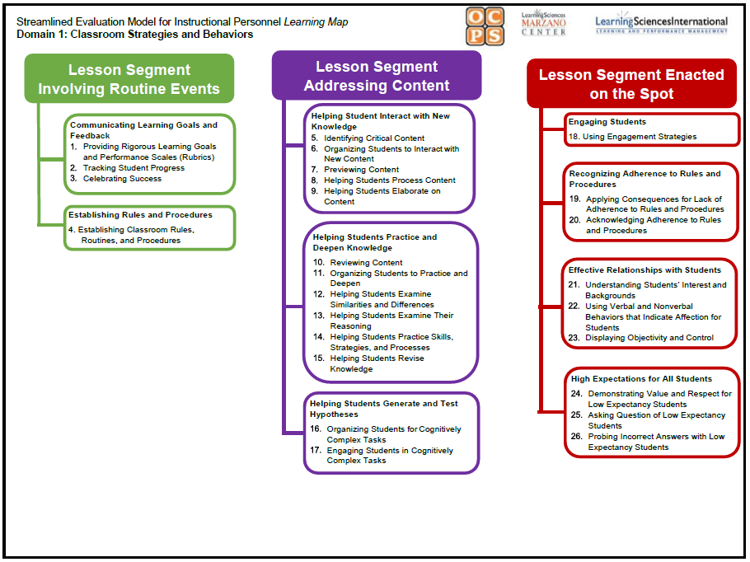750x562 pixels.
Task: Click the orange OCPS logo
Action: click(x=485, y=26)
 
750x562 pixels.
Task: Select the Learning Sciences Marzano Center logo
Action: click(x=544, y=23)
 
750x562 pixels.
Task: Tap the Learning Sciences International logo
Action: click(x=661, y=24)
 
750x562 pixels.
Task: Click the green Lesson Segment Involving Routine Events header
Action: click(x=129, y=79)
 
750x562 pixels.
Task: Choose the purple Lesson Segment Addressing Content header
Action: click(x=377, y=76)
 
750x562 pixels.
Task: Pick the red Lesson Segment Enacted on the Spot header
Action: click(x=631, y=84)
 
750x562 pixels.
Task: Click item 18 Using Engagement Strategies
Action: click(x=639, y=137)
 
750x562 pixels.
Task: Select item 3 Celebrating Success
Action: click(x=121, y=179)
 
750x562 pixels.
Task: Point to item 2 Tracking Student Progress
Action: click(x=133, y=168)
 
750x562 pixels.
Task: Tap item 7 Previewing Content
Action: click(x=360, y=170)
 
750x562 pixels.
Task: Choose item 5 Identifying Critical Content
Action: click(x=373, y=138)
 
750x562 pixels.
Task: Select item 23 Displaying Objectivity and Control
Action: click(x=649, y=338)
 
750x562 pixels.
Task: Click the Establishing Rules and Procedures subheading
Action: click(x=140, y=215)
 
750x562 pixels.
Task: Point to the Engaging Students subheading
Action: click(x=607, y=122)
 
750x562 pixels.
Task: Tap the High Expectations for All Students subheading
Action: click(x=641, y=379)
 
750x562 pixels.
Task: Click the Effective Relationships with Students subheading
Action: click(x=645, y=270)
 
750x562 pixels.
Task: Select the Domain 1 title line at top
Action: click(x=135, y=35)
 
